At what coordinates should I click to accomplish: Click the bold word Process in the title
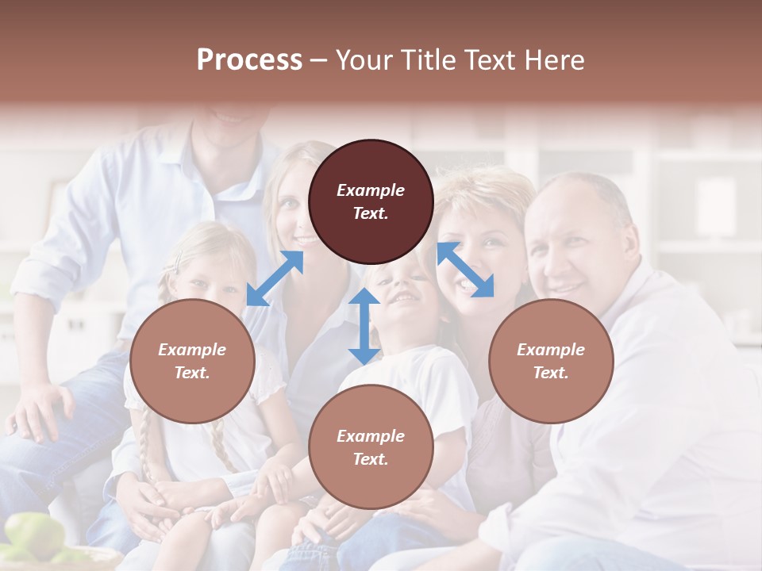tap(249, 60)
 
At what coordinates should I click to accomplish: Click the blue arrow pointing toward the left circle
tap(275, 278)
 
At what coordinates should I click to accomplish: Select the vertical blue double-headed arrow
tap(364, 326)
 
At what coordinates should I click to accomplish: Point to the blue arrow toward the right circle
tap(465, 270)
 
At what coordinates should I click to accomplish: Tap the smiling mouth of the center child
tap(405, 297)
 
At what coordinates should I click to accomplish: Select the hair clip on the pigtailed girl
tap(175, 263)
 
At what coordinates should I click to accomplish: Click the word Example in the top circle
tap(371, 190)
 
